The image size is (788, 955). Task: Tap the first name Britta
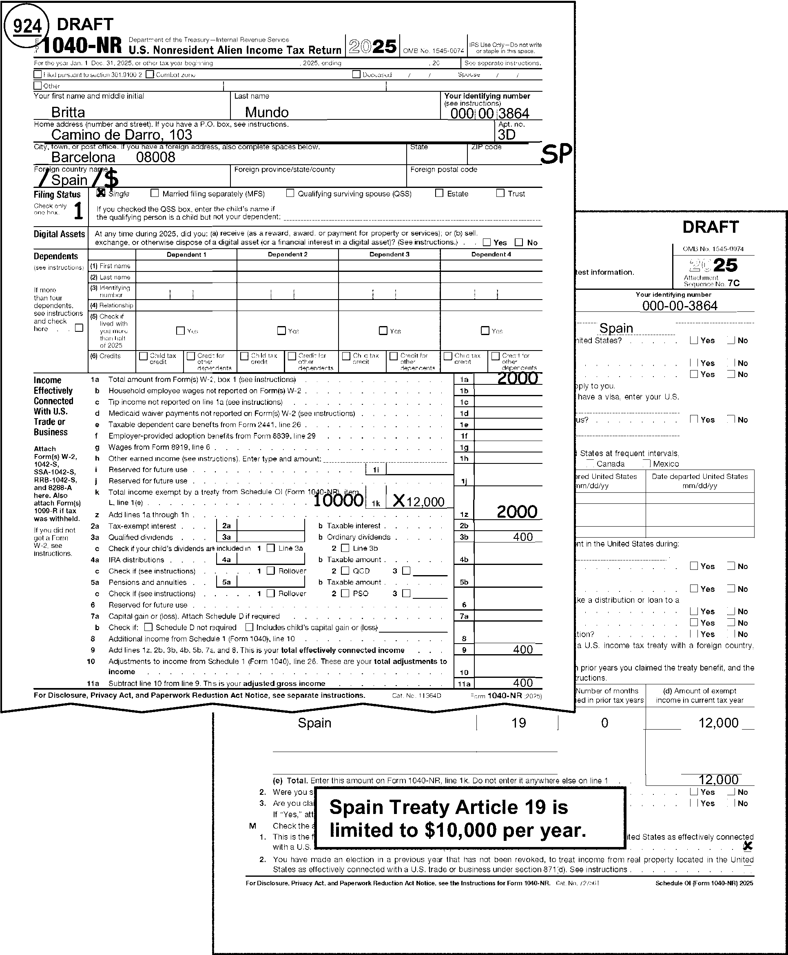pyautogui.click(x=68, y=112)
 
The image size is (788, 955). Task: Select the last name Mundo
pyautogui.click(x=267, y=112)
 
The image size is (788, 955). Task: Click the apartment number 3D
pyautogui.click(x=507, y=135)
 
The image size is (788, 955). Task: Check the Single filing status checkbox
pyautogui.click(x=101, y=193)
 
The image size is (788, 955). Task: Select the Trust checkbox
pyautogui.click(x=500, y=193)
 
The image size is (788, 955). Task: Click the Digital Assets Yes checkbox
pyautogui.click(x=487, y=242)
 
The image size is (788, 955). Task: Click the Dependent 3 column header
pyautogui.click(x=389, y=254)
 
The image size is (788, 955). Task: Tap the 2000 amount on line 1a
pyautogui.click(x=518, y=378)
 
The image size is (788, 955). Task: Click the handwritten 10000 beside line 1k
pyautogui.click(x=338, y=500)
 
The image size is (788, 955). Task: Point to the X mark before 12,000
pyautogui.click(x=398, y=501)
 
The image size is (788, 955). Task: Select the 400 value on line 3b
pyautogui.click(x=522, y=537)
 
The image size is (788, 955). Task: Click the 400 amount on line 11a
pyautogui.click(x=522, y=683)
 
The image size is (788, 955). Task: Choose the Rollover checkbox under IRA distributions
pyautogui.click(x=270, y=571)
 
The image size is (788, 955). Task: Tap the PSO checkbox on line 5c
pyautogui.click(x=345, y=593)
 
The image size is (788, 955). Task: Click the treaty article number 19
pyautogui.click(x=518, y=723)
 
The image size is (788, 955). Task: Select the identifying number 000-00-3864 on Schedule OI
pyautogui.click(x=680, y=306)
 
